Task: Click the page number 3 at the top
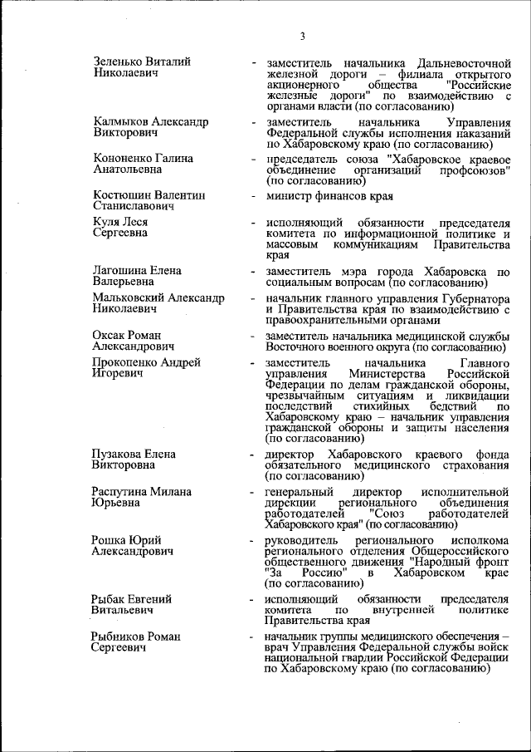[303, 36]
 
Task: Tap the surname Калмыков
[121, 122]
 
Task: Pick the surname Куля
[108, 222]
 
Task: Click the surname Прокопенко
[127, 363]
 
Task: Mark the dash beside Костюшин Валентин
[253, 196]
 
